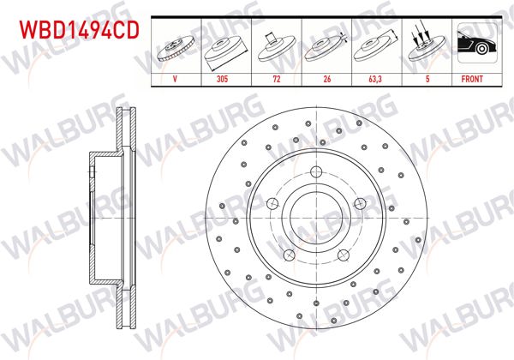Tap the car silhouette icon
[474, 44]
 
